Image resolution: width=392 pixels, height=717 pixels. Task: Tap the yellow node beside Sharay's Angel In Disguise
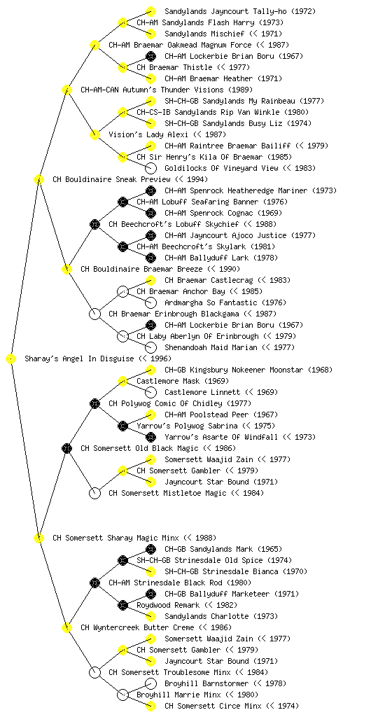(11, 359)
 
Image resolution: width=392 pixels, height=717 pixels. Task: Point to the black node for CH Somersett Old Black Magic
(66, 449)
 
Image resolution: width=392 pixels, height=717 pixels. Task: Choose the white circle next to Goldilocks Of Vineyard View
(150, 168)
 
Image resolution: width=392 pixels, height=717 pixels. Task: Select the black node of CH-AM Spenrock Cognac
(150, 213)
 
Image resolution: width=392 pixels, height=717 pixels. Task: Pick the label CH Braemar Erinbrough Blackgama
(174, 314)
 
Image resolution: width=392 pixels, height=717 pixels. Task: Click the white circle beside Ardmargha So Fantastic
(150, 302)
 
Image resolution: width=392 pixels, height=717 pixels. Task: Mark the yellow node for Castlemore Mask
(122, 381)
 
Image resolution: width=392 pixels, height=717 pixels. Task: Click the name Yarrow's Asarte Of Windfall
(221, 437)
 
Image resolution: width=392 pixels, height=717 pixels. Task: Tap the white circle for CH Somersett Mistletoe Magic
(94, 494)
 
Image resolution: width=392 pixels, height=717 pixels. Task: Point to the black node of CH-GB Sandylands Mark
(150, 549)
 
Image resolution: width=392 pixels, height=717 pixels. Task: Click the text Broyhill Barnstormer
(206, 683)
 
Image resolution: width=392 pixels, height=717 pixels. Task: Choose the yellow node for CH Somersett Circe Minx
(150, 706)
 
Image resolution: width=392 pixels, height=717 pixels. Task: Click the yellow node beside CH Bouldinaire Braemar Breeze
(66, 270)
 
